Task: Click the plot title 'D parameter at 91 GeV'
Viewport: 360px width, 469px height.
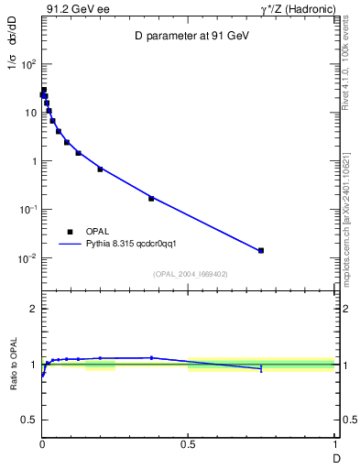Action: (x=190, y=36)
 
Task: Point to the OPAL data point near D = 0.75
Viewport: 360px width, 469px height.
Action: (x=261, y=250)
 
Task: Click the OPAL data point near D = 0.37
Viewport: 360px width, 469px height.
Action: (x=151, y=198)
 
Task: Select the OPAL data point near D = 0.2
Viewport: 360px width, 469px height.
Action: (x=100, y=169)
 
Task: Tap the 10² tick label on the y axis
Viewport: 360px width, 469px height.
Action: (x=27, y=65)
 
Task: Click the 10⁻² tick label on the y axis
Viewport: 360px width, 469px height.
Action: (x=27, y=258)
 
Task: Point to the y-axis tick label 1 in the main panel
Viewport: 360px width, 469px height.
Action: (x=33, y=162)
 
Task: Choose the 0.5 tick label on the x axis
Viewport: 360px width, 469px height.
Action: (x=188, y=444)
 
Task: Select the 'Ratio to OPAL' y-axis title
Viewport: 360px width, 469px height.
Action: (x=15, y=365)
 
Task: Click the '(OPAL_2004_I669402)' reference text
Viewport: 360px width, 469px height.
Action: (x=190, y=273)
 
